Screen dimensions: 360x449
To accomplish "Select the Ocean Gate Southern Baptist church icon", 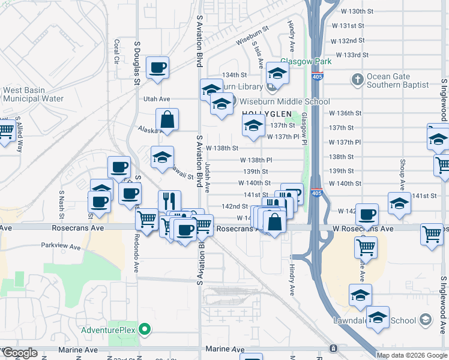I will (x=357, y=80).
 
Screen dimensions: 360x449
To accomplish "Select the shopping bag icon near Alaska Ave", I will (x=167, y=119).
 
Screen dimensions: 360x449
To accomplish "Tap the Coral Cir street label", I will (x=116, y=52).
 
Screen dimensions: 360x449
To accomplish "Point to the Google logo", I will (x=19, y=353).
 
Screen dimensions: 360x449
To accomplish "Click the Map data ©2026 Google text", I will (x=411, y=355).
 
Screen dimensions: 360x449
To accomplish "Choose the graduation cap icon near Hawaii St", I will (x=162, y=157).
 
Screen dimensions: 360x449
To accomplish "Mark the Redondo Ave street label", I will (x=137, y=259).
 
